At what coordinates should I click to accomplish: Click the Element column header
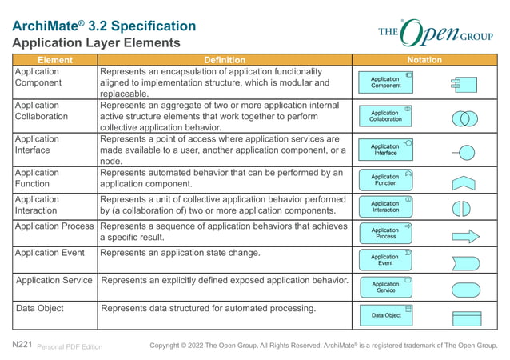click(54, 60)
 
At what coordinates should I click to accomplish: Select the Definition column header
click(225, 60)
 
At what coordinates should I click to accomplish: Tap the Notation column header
click(424, 60)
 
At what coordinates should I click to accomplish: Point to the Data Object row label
click(40, 308)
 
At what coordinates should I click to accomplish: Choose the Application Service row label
click(54, 281)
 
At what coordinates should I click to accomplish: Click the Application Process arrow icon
click(465, 237)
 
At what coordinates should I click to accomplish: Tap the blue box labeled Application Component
click(386, 82)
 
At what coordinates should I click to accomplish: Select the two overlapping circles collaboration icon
click(464, 118)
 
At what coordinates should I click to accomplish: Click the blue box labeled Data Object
click(386, 315)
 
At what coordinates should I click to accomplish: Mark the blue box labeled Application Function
click(386, 180)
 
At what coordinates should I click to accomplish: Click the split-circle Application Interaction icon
click(461, 209)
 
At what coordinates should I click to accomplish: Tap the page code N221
click(22, 345)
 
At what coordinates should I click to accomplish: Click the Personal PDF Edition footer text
click(70, 346)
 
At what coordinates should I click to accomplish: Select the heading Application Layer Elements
click(97, 42)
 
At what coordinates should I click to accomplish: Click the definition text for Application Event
click(180, 253)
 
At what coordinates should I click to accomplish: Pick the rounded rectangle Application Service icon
click(466, 289)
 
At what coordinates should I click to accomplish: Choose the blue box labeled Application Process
click(386, 234)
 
